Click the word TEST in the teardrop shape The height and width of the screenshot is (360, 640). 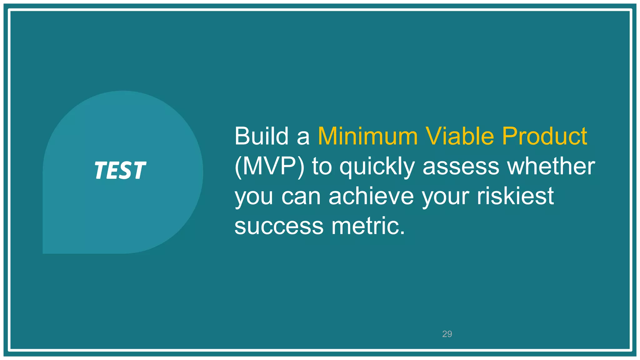[x=120, y=171]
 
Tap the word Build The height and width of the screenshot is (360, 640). [x=261, y=136]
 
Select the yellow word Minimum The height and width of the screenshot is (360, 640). [x=367, y=136]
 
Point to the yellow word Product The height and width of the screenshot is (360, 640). [x=544, y=136]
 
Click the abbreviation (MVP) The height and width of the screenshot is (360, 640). [x=269, y=166]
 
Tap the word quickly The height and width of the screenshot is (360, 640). [x=377, y=167]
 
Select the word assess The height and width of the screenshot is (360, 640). [x=461, y=167]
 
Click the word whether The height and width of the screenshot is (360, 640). [x=551, y=166]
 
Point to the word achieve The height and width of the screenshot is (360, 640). [x=371, y=196]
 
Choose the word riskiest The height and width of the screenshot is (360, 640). [x=515, y=196]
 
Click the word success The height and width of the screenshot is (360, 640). [x=279, y=226]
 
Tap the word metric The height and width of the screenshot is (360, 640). [x=368, y=226]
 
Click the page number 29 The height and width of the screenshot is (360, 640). [x=447, y=334]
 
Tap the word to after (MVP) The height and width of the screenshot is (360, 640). [x=322, y=167]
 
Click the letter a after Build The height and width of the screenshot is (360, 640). [x=302, y=137]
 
